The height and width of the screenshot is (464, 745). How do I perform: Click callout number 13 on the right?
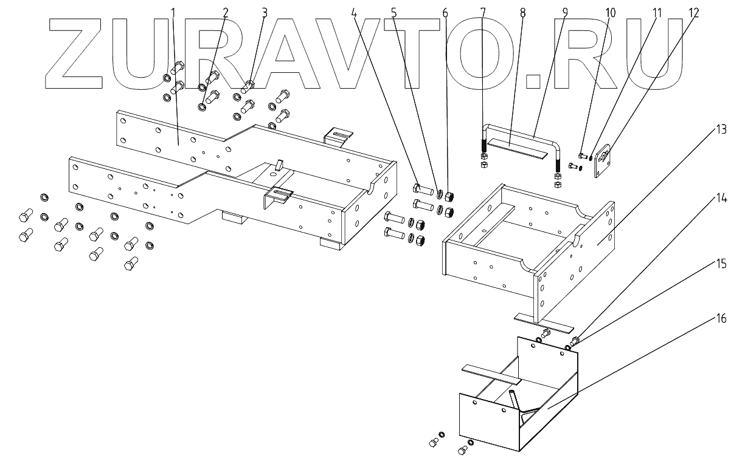(721, 129)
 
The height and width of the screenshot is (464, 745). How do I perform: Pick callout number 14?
(721, 197)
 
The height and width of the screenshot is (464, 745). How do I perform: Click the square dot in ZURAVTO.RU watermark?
(533, 81)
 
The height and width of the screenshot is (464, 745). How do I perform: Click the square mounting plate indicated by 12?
(601, 159)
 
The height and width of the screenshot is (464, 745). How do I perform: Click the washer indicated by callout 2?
(201, 108)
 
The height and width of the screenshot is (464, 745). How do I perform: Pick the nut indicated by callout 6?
(451, 196)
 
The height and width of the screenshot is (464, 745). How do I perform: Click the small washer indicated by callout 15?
(568, 347)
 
